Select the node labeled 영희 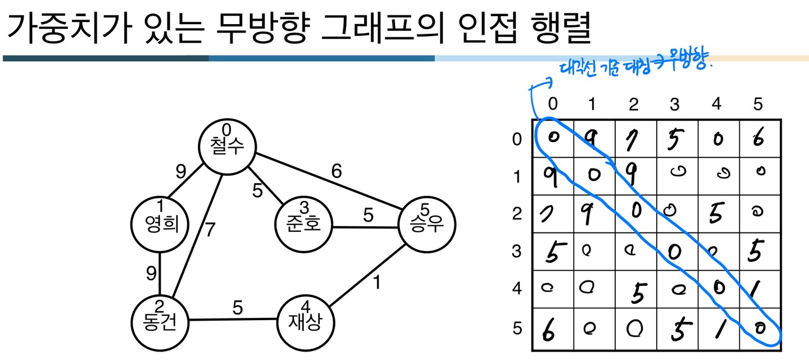pyautogui.click(x=160, y=224)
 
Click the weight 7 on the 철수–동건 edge pyautogui.click(x=210, y=230)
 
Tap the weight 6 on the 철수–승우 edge pyautogui.click(x=336, y=172)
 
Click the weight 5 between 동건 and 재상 pyautogui.click(x=238, y=308)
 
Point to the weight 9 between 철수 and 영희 pyautogui.click(x=180, y=172)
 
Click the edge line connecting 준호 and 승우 pyautogui.click(x=365, y=227)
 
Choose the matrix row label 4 pyautogui.click(x=517, y=289)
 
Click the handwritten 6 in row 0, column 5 pyautogui.click(x=759, y=138)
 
